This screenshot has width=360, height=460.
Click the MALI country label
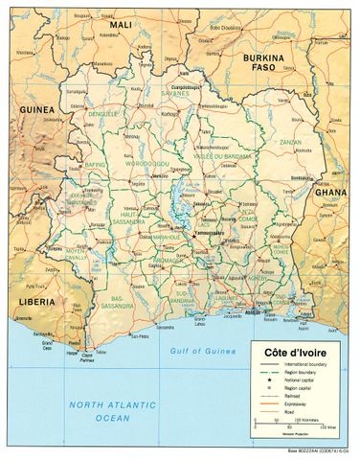[122, 24]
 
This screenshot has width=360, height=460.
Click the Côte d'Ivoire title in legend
[300, 352]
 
